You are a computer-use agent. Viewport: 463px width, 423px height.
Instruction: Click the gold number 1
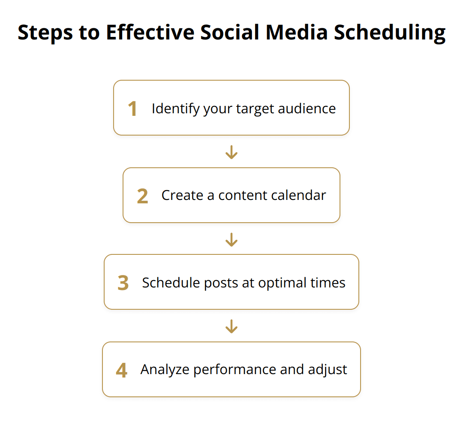[133, 109]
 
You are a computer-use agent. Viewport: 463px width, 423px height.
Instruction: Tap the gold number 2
[142, 196]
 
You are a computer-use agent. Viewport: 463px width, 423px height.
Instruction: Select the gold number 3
[123, 283]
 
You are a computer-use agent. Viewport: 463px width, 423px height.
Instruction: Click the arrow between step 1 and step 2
[231, 152]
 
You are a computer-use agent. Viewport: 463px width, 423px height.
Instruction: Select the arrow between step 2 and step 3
[231, 239]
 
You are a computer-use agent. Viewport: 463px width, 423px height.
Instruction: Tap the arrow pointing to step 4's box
[231, 326]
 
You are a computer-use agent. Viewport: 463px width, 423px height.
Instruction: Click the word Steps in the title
[45, 33]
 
